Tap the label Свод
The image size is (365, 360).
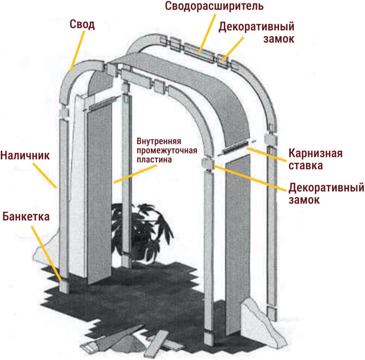point(82,24)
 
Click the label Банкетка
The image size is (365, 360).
point(26,216)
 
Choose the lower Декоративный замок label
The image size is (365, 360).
point(326,194)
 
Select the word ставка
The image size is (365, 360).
point(307,165)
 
